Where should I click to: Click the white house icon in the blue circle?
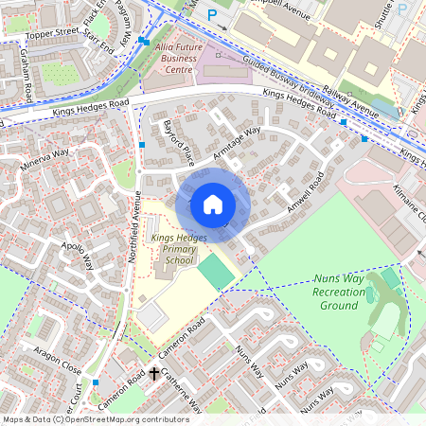click(x=213, y=204)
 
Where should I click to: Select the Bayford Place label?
click(x=178, y=138)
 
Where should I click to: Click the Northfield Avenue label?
click(x=133, y=228)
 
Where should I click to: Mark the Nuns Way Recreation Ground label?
click(x=338, y=293)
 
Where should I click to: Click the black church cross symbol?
click(x=154, y=375)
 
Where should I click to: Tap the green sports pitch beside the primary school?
click(x=215, y=272)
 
